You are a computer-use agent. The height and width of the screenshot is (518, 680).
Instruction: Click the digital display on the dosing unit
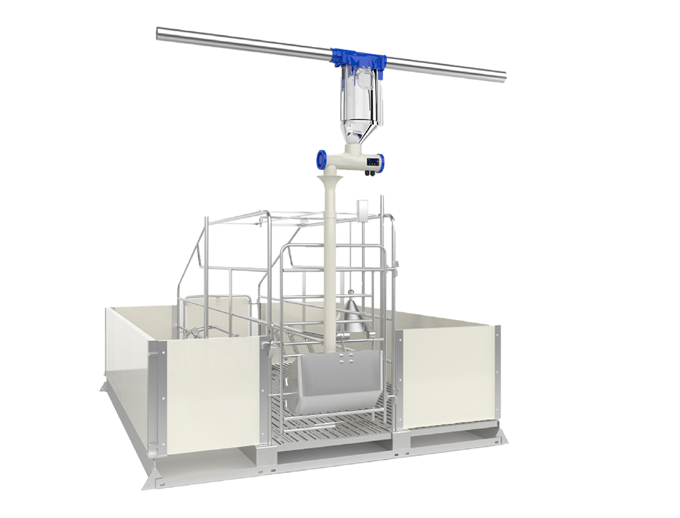pos(374,161)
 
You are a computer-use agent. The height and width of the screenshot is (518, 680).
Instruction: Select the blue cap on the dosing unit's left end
pos(321,159)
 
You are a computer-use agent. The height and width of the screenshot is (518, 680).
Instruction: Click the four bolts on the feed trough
pos(343,358)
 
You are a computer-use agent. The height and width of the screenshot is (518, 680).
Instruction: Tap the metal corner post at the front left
pos(155,405)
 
